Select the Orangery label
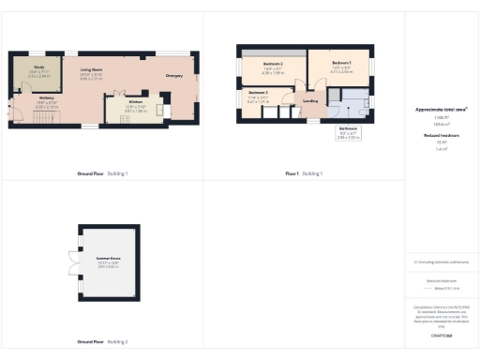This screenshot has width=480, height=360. pyautogui.click(x=173, y=76)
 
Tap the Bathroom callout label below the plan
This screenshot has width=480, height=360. pyautogui.click(x=347, y=132)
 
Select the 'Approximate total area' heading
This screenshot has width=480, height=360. pyautogui.click(x=441, y=110)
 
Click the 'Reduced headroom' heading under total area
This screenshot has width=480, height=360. pyautogui.click(x=441, y=136)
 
